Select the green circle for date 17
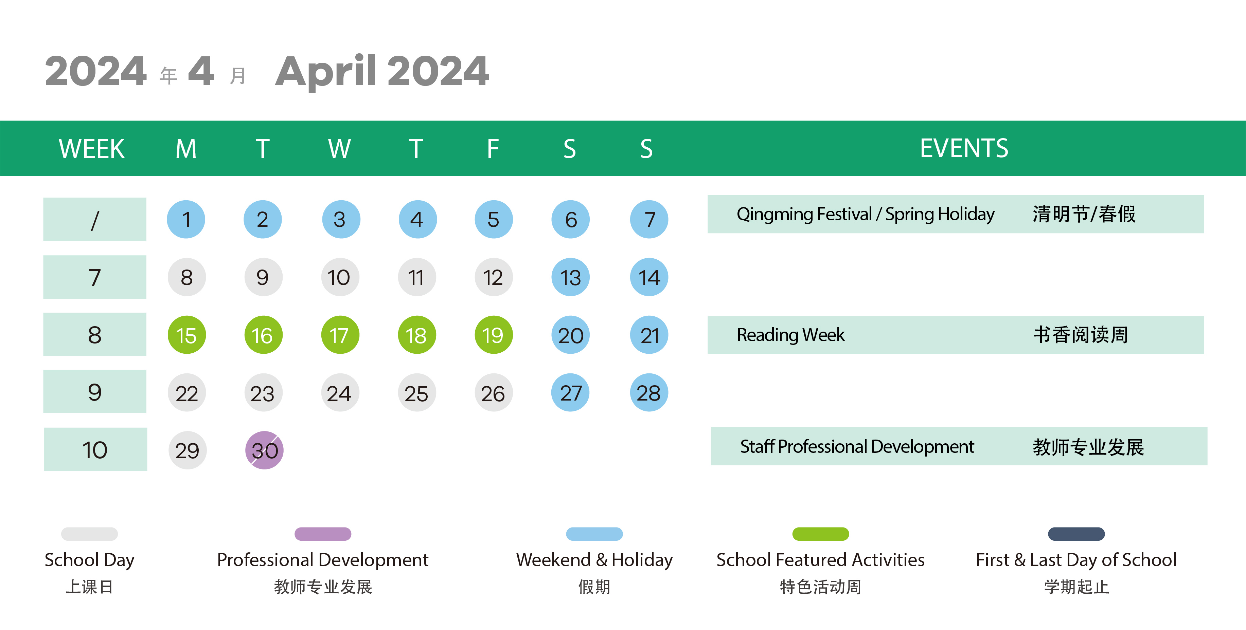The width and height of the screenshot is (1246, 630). click(340, 335)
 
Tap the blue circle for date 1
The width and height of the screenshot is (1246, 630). click(186, 219)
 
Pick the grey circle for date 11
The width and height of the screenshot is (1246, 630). click(416, 277)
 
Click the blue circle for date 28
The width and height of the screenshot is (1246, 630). click(648, 393)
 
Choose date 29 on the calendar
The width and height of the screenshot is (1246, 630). click(187, 450)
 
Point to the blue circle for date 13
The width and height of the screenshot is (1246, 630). click(570, 277)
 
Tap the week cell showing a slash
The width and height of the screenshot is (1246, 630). click(95, 219)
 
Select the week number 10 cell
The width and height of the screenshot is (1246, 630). click(95, 449)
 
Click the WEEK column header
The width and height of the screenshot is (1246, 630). click(91, 148)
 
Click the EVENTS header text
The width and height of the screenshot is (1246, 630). click(964, 148)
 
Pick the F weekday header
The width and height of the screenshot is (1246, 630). click(493, 148)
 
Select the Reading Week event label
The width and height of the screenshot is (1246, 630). click(790, 335)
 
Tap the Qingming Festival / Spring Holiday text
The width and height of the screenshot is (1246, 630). click(865, 214)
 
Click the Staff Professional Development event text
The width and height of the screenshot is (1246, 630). click(857, 446)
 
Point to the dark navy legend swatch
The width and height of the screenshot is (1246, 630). click(1076, 534)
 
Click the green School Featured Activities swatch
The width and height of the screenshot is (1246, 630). click(820, 534)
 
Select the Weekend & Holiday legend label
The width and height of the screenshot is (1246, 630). click(594, 560)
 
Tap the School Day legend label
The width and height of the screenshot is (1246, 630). click(89, 560)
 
